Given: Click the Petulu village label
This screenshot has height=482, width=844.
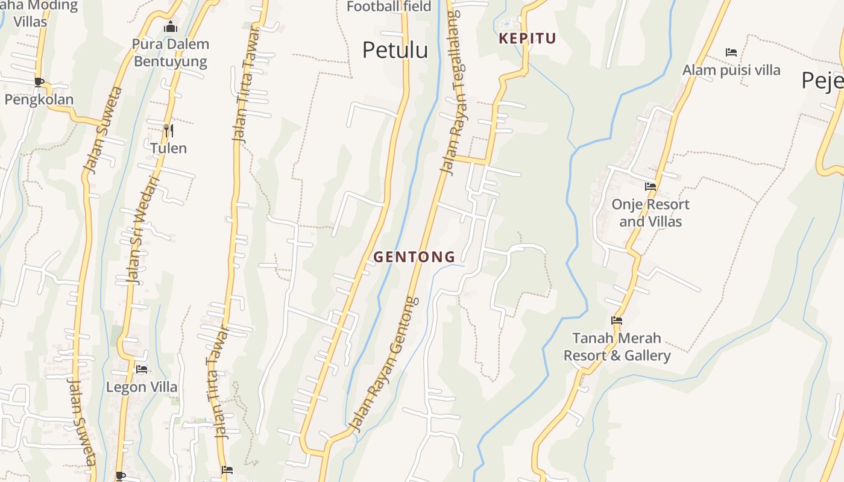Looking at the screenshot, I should click(x=395, y=51).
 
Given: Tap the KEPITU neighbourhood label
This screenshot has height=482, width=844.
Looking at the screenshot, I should click(x=527, y=39).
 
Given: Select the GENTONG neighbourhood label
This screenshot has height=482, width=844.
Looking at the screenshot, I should click(x=414, y=257).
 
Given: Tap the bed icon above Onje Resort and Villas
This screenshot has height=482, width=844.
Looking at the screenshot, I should click(x=650, y=187).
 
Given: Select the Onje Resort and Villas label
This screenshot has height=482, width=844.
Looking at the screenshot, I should click(x=650, y=213).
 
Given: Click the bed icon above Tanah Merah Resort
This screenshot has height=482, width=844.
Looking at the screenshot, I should click(x=616, y=321).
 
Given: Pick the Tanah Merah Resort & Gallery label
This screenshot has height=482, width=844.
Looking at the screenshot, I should click(x=617, y=346).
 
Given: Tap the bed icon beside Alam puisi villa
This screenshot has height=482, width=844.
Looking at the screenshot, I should click(x=731, y=52).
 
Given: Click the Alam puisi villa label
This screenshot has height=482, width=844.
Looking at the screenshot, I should click(x=731, y=70).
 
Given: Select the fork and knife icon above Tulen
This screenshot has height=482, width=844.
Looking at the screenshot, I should click(x=169, y=130).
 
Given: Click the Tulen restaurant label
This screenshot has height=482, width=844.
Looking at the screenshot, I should click(x=168, y=148).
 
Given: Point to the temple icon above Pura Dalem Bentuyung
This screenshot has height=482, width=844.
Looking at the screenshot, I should click(x=171, y=27).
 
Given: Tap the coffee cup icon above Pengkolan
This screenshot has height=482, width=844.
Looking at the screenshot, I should click(x=39, y=82).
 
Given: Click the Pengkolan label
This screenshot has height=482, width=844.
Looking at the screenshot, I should click(x=39, y=99).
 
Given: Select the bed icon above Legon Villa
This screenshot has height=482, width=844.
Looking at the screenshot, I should click(x=142, y=369).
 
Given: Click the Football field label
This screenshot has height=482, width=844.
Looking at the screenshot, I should click(x=389, y=7).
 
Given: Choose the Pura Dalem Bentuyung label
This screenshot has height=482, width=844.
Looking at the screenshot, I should click(x=171, y=52).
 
